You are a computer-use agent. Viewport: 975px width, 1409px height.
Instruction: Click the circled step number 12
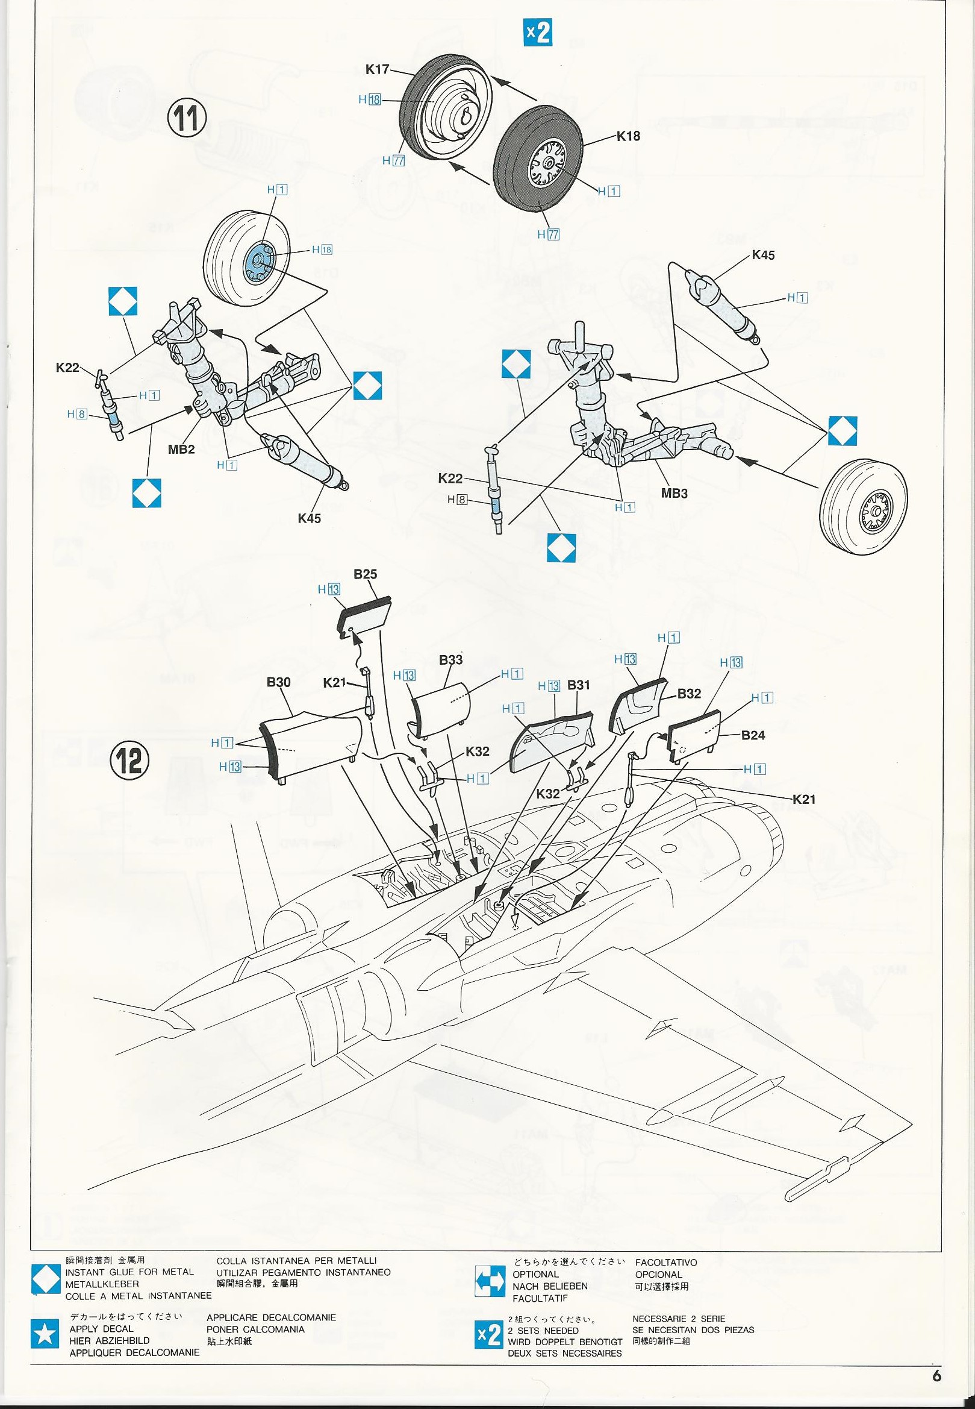(129, 761)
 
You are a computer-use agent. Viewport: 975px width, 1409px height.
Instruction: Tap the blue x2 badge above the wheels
(538, 33)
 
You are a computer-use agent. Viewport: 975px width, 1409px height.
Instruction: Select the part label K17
(378, 70)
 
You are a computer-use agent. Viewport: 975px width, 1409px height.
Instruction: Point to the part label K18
(628, 136)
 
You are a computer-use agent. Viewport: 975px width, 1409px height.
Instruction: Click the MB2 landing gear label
(181, 450)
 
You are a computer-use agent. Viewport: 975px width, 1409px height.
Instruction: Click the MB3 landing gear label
(674, 493)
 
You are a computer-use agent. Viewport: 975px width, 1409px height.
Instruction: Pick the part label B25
(366, 574)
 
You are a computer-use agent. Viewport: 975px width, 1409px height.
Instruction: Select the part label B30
(279, 682)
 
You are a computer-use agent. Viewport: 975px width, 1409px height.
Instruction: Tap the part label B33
(451, 660)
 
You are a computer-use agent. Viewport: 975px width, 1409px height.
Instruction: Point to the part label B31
(578, 685)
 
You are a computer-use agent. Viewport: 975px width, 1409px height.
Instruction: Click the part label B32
(689, 694)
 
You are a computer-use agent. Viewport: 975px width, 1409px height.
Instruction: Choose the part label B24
(753, 735)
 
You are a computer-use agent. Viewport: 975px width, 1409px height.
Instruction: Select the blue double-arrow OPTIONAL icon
(490, 1276)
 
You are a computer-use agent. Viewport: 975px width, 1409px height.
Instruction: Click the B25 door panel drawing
(366, 615)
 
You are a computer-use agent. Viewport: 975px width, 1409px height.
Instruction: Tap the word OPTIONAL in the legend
(535, 1270)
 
